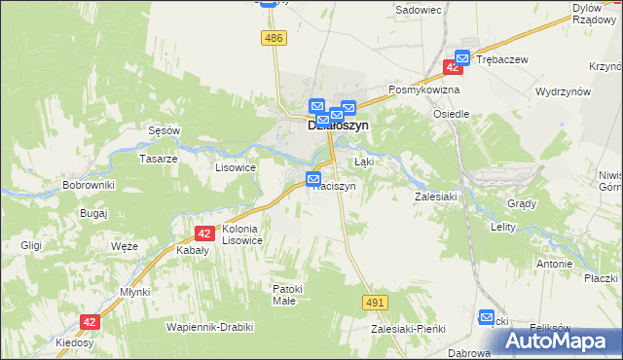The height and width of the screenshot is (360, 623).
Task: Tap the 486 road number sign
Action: [x=274, y=37]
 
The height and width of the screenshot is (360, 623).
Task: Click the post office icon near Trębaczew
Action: [x=462, y=58]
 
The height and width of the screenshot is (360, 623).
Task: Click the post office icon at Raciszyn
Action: [x=313, y=179]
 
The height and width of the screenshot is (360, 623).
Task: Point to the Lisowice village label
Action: [x=235, y=167]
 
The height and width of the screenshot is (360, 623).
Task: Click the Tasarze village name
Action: [x=158, y=159]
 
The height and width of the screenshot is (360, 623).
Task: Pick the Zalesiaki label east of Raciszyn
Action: [x=435, y=196]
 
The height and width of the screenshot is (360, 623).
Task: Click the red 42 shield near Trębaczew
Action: [x=453, y=67]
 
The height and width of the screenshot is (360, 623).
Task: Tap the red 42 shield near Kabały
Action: [x=203, y=234]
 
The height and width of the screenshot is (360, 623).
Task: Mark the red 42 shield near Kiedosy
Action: [x=91, y=321]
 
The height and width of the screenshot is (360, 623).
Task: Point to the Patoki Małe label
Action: [x=290, y=295]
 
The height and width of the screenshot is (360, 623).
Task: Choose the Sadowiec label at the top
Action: [x=419, y=10]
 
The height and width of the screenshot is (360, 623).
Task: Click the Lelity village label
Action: [x=502, y=226]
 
